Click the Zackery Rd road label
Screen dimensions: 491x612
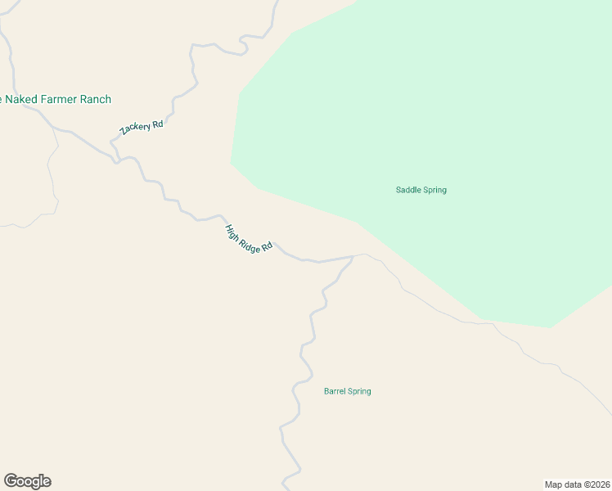[142, 128]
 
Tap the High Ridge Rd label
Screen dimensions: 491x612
[248, 238]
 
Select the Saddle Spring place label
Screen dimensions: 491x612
[421, 190]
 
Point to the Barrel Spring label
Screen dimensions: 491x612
[347, 391]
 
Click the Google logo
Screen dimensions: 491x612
[27, 481]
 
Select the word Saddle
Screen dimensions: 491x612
[407, 190]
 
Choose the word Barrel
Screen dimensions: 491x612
[335, 391]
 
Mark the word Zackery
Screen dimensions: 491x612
[135, 131]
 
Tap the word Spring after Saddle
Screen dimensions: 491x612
[434, 190]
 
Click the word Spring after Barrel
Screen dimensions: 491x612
[360, 391]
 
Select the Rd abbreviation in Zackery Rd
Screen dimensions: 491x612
[158, 123]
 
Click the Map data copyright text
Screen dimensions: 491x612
[577, 484]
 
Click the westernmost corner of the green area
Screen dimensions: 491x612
[232, 161]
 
